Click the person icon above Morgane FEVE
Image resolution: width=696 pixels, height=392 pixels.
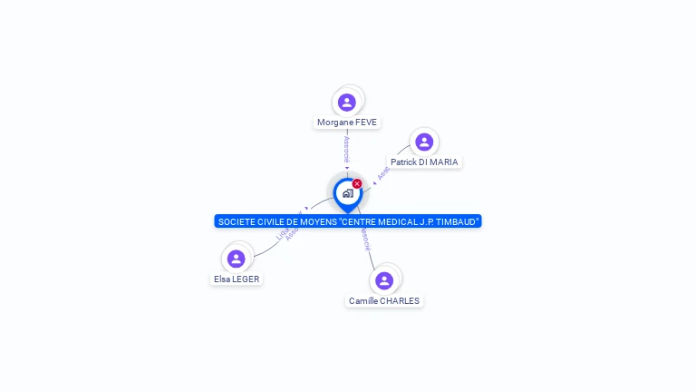pos(346,102)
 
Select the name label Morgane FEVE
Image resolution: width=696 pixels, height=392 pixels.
pos(347,122)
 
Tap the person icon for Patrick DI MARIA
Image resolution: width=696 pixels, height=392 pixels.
pos(423,142)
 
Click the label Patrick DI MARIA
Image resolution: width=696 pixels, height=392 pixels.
pos(424,162)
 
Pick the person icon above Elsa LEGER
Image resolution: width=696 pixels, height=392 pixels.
pos(237,259)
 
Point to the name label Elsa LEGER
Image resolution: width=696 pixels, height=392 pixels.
pos(237,279)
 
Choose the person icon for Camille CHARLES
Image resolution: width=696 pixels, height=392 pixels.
pos(384,280)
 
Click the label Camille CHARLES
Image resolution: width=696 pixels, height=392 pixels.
pos(384,301)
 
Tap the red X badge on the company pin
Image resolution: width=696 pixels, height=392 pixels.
pos(357,184)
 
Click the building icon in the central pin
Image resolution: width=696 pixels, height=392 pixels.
pos(347,193)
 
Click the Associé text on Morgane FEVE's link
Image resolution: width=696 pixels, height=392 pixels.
pos(346,149)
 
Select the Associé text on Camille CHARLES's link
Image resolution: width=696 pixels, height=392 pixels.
pos(365,240)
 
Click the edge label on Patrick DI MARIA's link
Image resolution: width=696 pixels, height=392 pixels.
pos(384,172)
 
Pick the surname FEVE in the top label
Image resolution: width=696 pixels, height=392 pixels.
pos(366,122)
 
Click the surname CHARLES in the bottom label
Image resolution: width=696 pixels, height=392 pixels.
pos(401,301)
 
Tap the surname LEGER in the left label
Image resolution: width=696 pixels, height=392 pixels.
pos(246,279)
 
